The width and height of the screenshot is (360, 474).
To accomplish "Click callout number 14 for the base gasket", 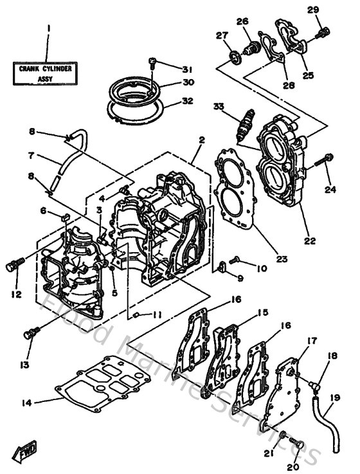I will [26, 403].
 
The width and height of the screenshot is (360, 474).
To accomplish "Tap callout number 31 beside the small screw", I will [187, 69].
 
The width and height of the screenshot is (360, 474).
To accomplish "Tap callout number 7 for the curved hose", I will [32, 155].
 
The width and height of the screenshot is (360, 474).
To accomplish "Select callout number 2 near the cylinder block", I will [201, 139].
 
